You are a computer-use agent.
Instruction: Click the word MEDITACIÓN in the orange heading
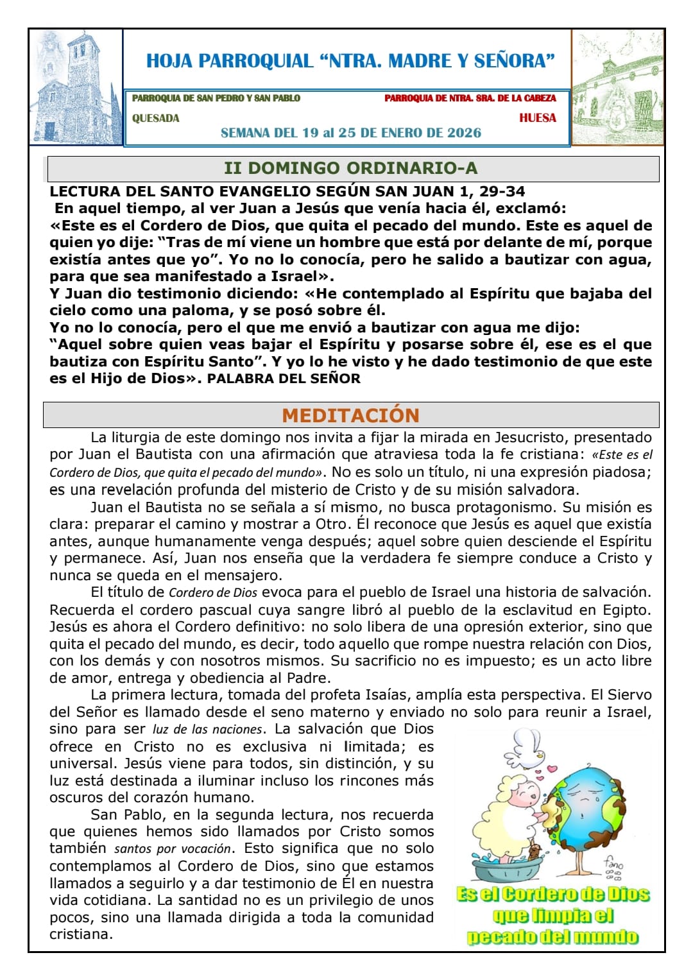click(x=350, y=415)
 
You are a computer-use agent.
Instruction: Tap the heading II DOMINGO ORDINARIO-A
click(x=350, y=168)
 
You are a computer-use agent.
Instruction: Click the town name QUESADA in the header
click(x=156, y=118)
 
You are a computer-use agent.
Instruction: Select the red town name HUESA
click(x=538, y=118)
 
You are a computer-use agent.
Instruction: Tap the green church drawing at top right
click(x=617, y=88)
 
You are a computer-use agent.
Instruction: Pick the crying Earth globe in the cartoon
click(x=585, y=802)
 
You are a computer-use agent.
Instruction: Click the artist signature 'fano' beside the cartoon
click(x=613, y=864)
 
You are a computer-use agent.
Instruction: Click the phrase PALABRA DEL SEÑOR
click(x=284, y=379)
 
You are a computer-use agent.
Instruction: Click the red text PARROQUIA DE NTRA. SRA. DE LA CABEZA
click(x=470, y=98)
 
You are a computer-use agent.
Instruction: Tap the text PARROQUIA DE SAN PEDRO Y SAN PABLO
click(x=216, y=98)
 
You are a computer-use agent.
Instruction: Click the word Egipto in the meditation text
click(x=627, y=610)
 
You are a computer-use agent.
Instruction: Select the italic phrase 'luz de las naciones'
click(x=207, y=730)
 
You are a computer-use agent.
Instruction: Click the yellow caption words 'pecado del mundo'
click(x=552, y=936)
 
